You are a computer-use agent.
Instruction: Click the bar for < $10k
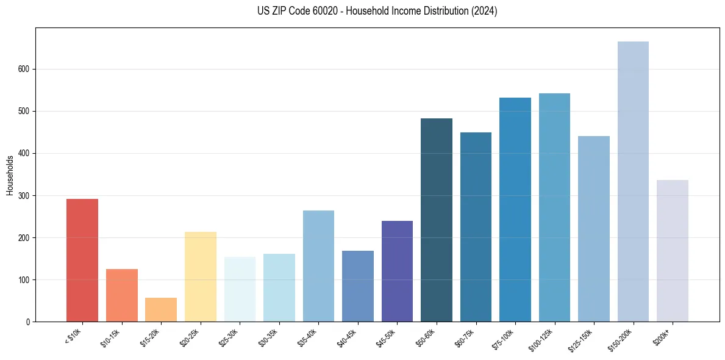(82, 261)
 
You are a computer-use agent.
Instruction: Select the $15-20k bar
(161, 310)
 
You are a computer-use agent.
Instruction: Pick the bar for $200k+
(673, 251)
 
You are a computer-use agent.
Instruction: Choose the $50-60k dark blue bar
(437, 220)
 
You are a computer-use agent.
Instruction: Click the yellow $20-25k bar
(201, 277)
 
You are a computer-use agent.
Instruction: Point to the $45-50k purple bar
(397, 272)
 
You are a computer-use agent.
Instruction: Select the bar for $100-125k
(554, 207)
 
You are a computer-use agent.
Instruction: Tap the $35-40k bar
(318, 266)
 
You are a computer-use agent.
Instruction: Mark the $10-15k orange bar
(122, 295)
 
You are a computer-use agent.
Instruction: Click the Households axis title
(10, 175)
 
